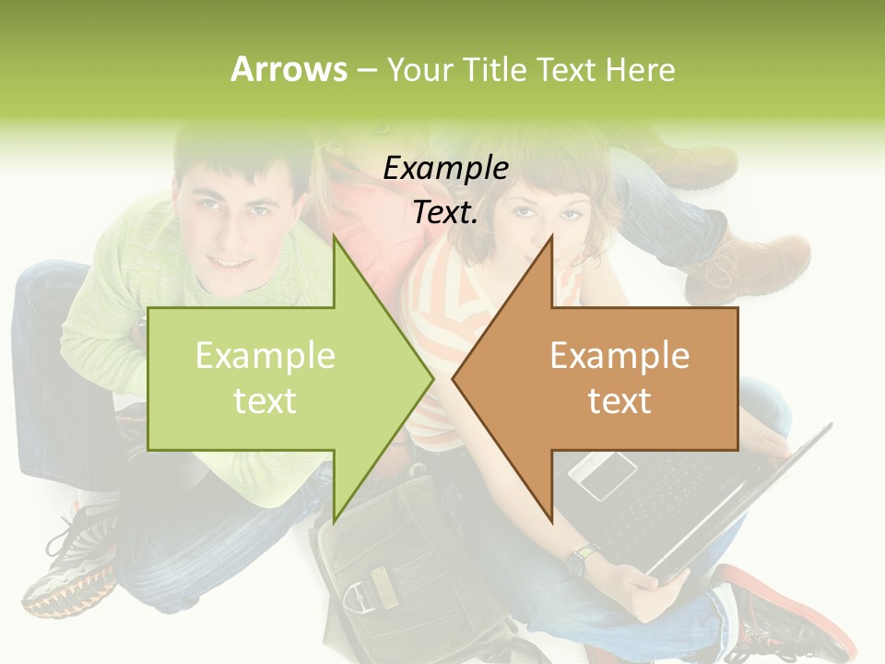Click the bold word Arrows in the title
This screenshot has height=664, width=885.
[289, 69]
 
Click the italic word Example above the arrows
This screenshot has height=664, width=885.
[445, 169]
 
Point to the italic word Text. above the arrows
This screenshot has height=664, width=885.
[445, 213]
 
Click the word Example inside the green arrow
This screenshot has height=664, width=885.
[265, 356]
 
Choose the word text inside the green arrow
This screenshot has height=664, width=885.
[265, 401]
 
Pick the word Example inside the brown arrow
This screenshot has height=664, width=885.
[619, 356]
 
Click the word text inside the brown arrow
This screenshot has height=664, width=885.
[619, 401]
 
